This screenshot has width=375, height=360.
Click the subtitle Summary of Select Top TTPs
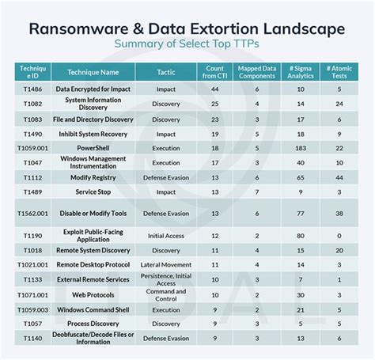[x=187, y=45]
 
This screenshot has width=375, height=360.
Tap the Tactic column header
[x=166, y=71]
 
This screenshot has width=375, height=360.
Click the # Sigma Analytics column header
[x=301, y=71]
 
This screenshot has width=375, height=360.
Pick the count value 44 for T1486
[x=214, y=89]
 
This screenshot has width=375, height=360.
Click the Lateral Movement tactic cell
[x=166, y=264]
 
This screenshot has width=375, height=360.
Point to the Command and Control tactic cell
[x=166, y=294]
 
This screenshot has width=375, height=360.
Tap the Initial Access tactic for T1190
[x=166, y=235]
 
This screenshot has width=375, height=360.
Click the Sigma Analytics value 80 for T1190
[x=301, y=235]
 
